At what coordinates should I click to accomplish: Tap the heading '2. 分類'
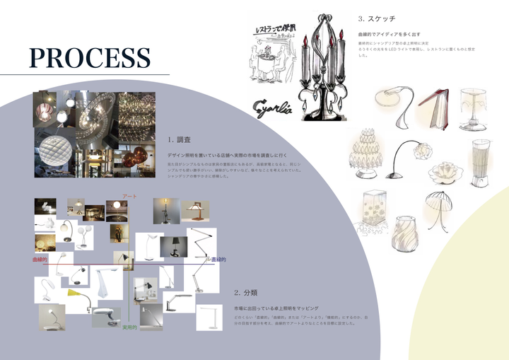click(247, 292)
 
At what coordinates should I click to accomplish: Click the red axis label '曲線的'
click(40, 260)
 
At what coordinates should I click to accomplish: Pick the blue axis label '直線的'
click(218, 260)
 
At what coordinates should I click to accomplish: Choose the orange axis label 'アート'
click(129, 196)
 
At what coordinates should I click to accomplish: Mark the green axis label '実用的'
click(129, 327)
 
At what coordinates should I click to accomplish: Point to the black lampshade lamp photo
click(174, 247)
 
